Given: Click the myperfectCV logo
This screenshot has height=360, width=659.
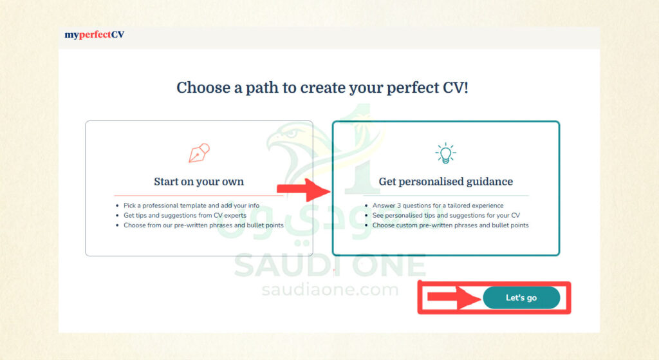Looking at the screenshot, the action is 94,35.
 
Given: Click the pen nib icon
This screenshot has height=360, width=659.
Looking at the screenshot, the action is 199,153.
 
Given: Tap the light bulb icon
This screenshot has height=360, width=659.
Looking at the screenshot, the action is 445,153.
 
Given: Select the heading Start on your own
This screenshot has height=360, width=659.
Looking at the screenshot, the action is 199,181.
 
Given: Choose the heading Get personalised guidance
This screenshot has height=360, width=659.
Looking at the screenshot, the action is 446,181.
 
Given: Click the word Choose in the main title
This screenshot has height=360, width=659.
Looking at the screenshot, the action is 203,88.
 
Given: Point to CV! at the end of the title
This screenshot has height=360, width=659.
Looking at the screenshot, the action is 455,88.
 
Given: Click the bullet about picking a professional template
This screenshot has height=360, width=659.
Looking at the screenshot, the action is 191,205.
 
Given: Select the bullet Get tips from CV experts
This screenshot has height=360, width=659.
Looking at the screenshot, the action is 185,215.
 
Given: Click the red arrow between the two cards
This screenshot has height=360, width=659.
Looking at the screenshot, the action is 304,190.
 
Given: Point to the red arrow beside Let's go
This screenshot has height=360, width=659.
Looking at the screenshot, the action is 454,298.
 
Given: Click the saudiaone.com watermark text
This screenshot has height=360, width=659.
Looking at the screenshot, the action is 330,290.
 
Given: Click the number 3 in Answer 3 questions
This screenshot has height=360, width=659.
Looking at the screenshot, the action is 399,205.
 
